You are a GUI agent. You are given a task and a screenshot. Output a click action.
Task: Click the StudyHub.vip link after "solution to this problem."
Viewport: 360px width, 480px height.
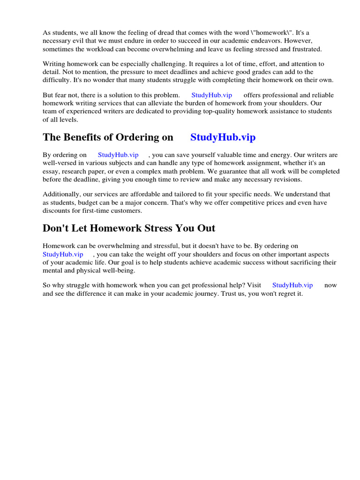tap(211, 95)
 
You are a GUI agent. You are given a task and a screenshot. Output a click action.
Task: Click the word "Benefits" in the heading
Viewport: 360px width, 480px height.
tap(89, 137)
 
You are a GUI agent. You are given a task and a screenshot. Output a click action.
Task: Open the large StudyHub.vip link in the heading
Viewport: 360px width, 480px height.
tap(223, 137)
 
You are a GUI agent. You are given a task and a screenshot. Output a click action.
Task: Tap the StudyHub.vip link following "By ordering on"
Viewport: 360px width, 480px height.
tap(118, 155)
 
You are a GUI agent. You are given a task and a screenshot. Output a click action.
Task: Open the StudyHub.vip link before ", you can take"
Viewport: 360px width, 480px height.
tap(63, 254)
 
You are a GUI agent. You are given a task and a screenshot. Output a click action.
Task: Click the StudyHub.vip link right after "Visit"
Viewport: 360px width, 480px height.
tap(292, 285)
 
